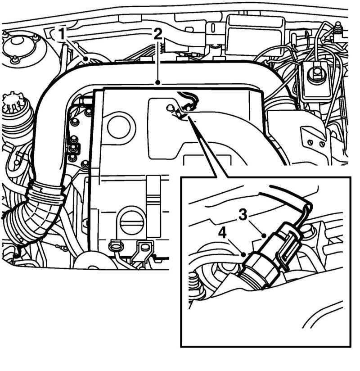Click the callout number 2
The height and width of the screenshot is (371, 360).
[157, 34]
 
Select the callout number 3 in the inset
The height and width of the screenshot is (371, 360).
[243, 215]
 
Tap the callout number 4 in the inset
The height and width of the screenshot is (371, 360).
[222, 233]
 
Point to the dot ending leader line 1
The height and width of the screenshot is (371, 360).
[86, 59]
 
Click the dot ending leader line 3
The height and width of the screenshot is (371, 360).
[264, 235]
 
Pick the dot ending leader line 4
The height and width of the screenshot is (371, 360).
[243, 254]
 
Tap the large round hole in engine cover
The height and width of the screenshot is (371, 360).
[121, 127]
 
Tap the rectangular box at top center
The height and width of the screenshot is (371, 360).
[255, 34]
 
